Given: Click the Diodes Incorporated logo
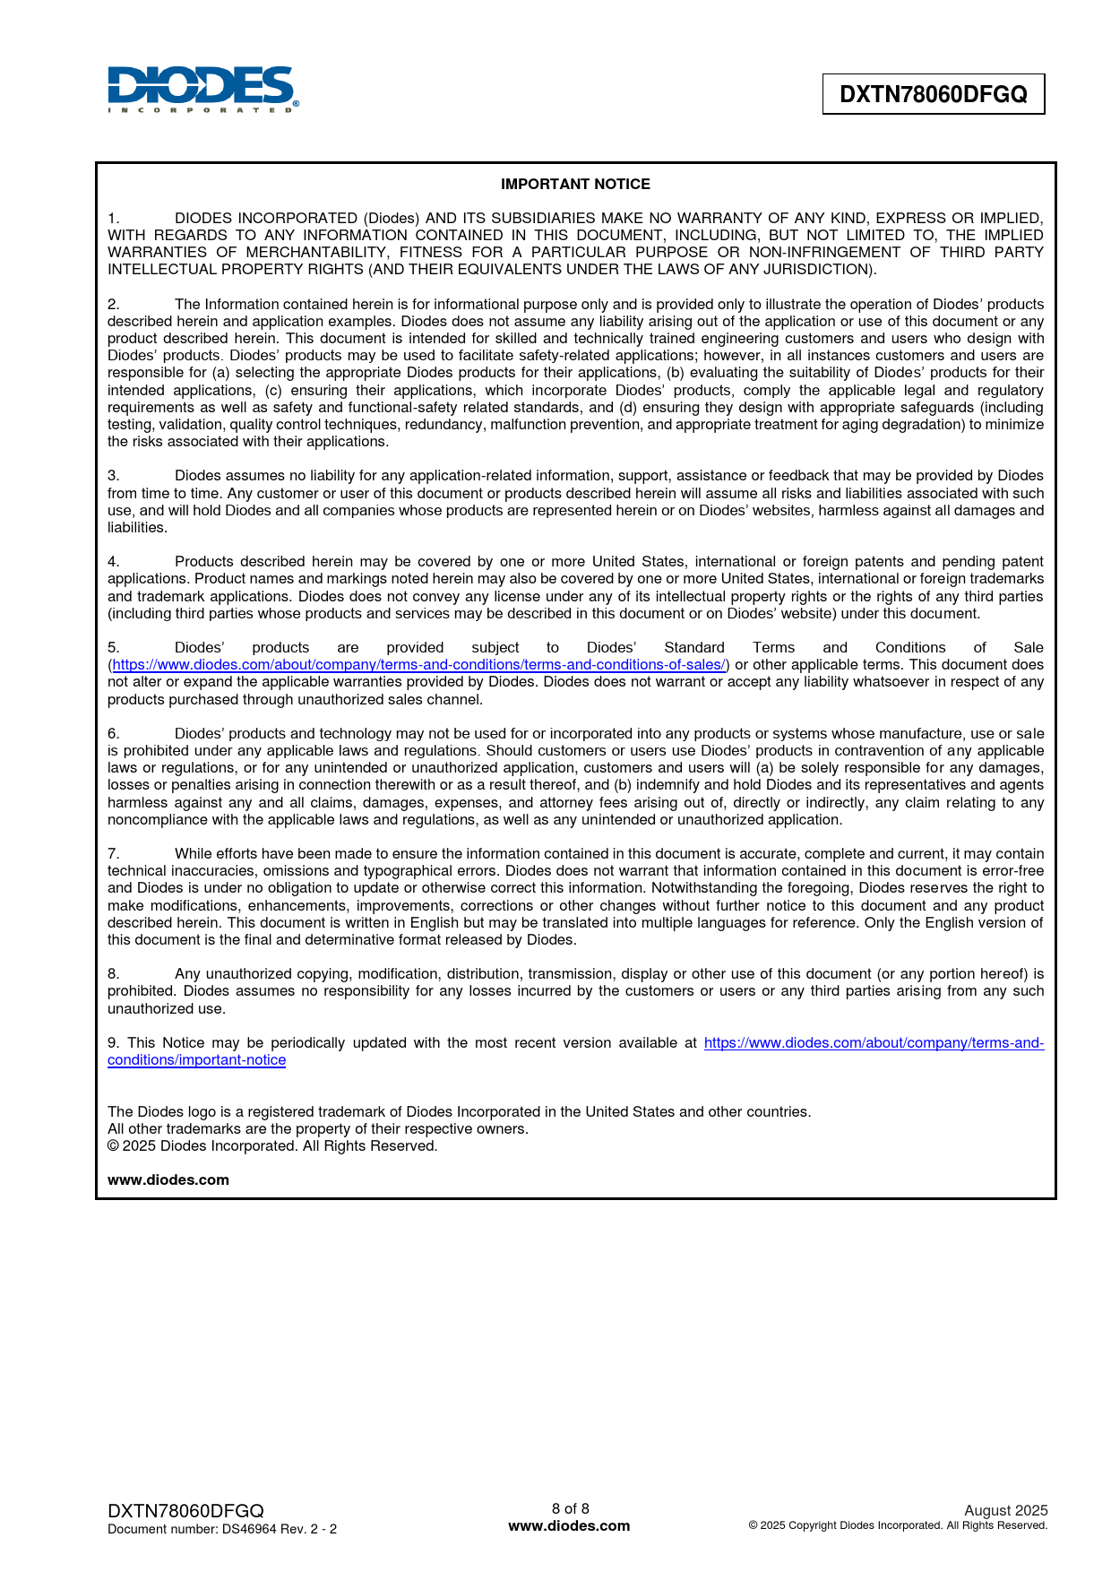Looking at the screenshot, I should (x=202, y=89).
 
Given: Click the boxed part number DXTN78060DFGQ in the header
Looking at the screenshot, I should (x=933, y=94).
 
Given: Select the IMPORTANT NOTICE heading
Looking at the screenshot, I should (x=575, y=185).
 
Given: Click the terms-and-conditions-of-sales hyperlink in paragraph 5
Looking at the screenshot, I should (x=419, y=665).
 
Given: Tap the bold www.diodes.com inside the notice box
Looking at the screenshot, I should (x=168, y=1180).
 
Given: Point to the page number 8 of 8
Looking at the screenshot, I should (x=570, y=1508).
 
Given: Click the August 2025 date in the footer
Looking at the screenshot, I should (x=1005, y=1510).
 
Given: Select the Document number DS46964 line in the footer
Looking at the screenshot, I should (x=222, y=1529).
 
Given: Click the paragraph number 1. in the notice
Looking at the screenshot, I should (x=114, y=219).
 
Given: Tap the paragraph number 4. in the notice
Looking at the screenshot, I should (x=114, y=562).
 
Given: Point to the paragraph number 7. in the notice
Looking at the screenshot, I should (x=114, y=854).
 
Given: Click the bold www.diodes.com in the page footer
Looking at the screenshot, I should (x=569, y=1526).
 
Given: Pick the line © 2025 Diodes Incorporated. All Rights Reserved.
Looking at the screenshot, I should (x=272, y=1146).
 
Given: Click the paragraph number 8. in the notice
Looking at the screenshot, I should (x=114, y=974).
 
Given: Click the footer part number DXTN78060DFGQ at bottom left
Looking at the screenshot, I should (x=185, y=1511).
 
